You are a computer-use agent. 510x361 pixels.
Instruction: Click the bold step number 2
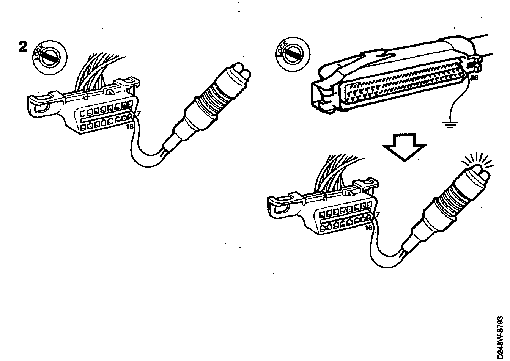coord(24,47)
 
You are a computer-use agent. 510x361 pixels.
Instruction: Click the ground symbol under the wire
coord(450,124)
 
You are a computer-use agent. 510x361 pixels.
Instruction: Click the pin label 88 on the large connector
coord(474,78)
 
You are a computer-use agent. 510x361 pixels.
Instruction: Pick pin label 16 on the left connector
coord(130,127)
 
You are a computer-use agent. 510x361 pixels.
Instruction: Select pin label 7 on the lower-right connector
coord(377,215)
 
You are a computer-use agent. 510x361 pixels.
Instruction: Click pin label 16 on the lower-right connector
coord(368,228)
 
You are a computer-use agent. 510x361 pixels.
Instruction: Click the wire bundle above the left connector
coord(95,72)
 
